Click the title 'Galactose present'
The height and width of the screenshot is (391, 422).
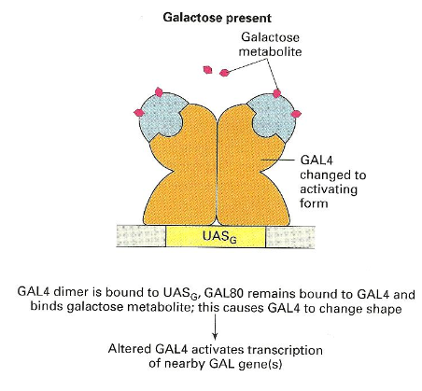(x=217, y=18)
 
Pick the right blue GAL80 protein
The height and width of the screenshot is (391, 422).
(x=273, y=119)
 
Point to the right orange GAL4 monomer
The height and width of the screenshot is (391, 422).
(x=249, y=175)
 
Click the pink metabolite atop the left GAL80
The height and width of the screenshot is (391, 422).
(x=159, y=92)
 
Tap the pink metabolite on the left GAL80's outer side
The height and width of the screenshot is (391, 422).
(x=139, y=113)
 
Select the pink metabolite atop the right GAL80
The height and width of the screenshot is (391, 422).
(x=276, y=93)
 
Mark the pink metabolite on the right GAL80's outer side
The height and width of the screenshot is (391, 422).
(x=296, y=114)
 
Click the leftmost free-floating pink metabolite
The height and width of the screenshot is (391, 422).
(x=207, y=70)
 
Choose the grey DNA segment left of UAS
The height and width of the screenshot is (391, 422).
(x=141, y=236)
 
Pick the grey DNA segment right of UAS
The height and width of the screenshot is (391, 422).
(x=290, y=237)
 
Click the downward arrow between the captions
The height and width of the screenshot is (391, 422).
(x=215, y=327)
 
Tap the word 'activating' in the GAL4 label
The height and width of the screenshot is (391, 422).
(x=329, y=189)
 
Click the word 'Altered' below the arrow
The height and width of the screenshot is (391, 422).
(x=130, y=349)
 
